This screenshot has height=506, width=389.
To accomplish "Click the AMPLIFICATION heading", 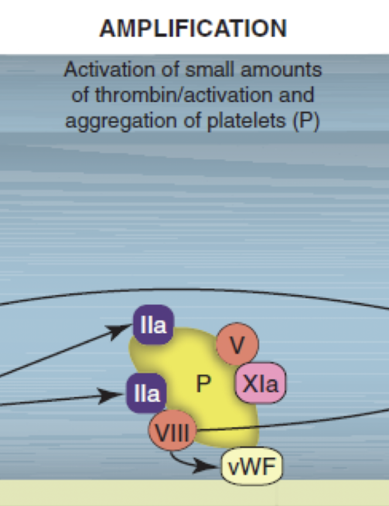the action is (x=193, y=28).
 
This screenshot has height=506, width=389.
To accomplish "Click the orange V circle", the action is (x=237, y=345).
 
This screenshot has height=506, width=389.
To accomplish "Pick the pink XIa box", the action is (x=260, y=384).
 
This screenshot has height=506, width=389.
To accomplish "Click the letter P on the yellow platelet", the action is (x=203, y=384).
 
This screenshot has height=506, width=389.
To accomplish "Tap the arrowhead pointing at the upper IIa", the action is (x=122, y=332).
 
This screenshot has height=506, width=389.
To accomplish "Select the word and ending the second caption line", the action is (x=296, y=95).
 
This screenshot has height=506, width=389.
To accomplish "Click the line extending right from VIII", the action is (x=293, y=423).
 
